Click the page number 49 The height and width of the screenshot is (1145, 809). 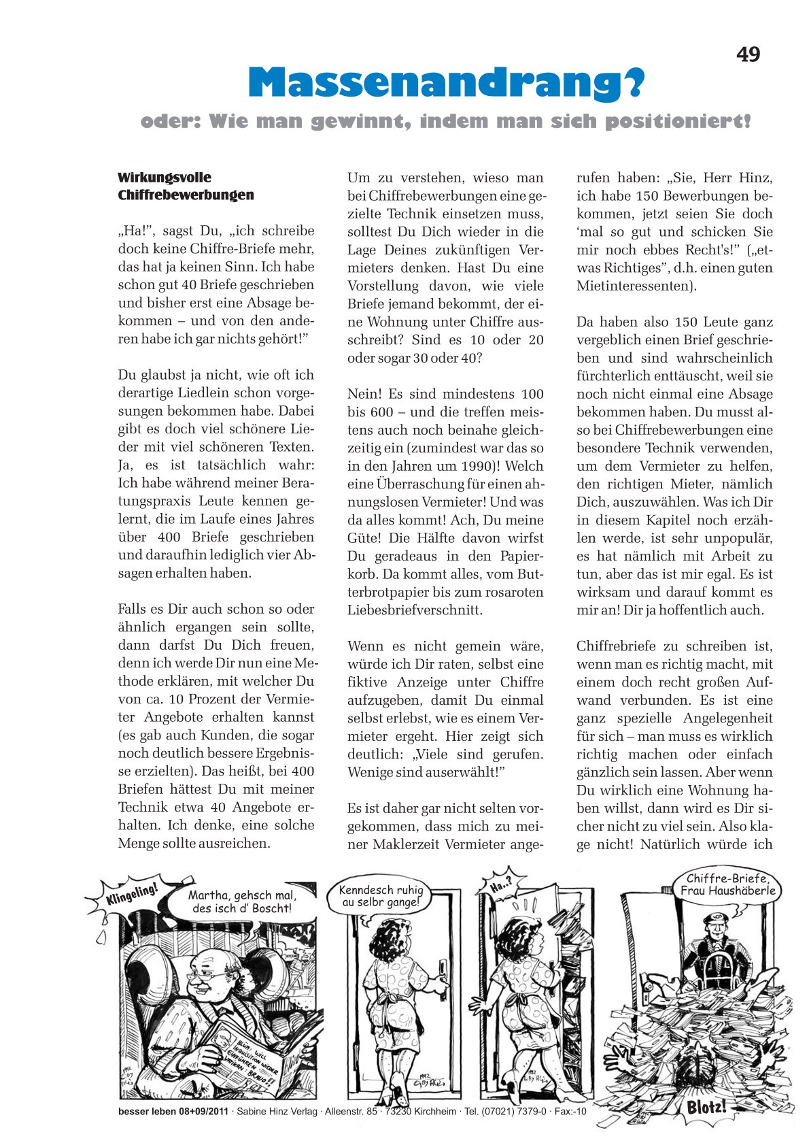[x=748, y=54]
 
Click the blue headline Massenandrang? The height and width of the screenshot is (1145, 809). [x=445, y=83]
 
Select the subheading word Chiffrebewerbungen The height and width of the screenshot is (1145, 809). [x=186, y=195]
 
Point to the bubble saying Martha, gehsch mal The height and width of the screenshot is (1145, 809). [x=242, y=901]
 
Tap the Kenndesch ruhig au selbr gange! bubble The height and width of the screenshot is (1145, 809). [x=381, y=896]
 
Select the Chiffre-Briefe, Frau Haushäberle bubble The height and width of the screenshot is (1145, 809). [x=727, y=884]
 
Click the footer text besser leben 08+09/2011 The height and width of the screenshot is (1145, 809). [x=173, y=1112]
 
